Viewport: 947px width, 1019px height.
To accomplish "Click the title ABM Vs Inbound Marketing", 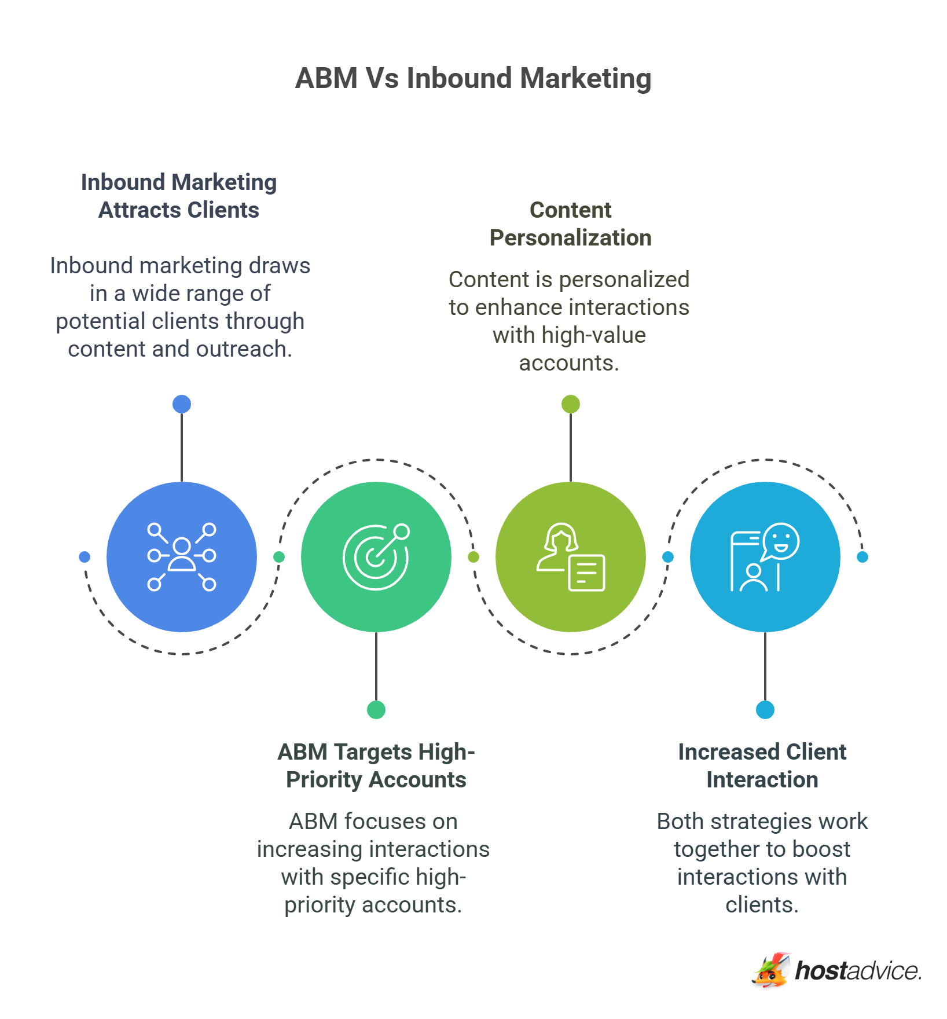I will [x=473, y=78].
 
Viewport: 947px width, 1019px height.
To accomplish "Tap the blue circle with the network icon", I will [x=182, y=556].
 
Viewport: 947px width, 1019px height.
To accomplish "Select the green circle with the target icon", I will [x=376, y=556].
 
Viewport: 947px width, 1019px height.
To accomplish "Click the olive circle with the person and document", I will [x=571, y=556].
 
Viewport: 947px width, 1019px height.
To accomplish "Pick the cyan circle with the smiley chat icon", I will [x=765, y=556].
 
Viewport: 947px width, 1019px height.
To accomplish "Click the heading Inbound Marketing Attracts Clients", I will [x=179, y=196].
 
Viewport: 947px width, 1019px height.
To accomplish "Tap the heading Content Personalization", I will [x=570, y=223].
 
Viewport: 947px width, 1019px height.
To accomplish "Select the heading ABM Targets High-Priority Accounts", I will [x=376, y=765].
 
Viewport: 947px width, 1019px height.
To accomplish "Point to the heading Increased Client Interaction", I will [x=762, y=765].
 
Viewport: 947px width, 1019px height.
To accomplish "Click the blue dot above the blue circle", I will [x=182, y=404].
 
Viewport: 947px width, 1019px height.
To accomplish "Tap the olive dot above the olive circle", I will [x=571, y=404].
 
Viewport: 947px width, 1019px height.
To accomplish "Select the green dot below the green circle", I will [x=376, y=709].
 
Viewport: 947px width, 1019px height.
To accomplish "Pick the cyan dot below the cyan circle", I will [x=765, y=709].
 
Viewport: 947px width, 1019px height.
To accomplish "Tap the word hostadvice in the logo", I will [x=858, y=971].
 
